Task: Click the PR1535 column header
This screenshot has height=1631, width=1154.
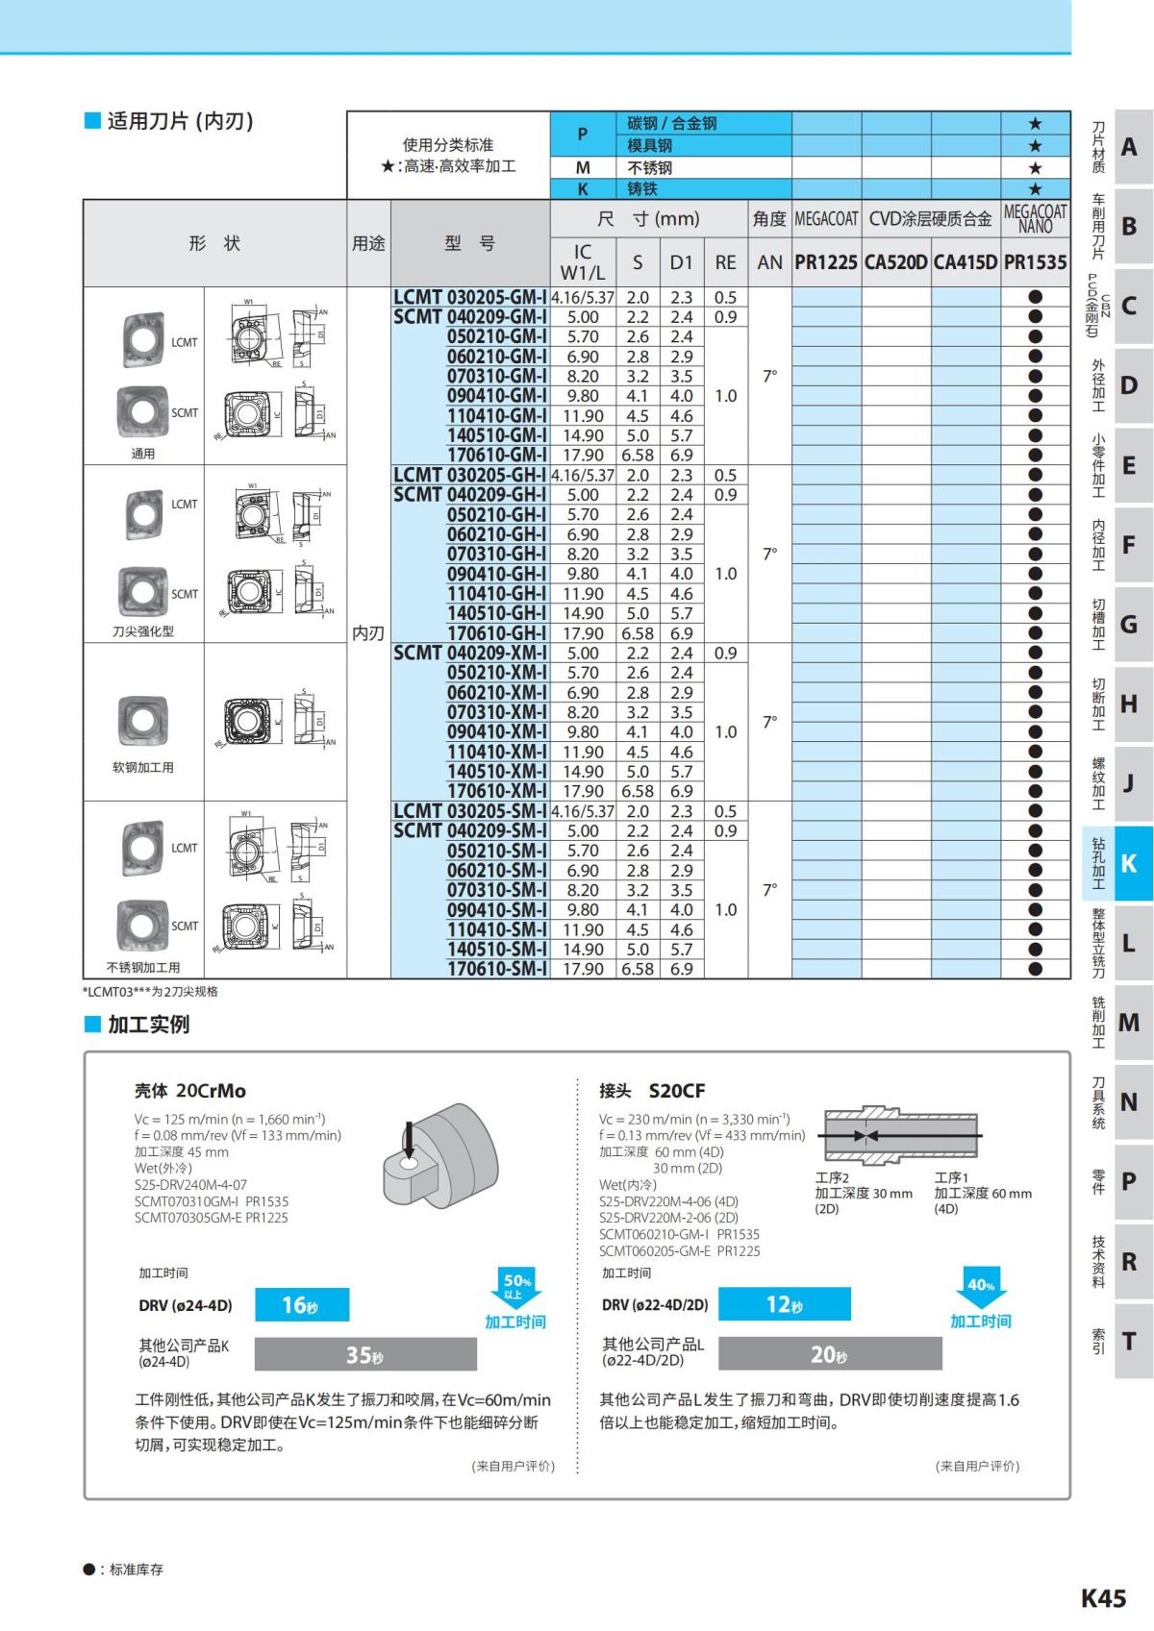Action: [1035, 262]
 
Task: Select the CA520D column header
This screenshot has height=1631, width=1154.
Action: [895, 262]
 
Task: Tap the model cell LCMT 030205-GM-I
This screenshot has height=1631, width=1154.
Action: [470, 297]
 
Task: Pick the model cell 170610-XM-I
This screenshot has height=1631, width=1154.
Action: [497, 791]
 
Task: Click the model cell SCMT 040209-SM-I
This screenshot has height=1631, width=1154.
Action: [470, 830]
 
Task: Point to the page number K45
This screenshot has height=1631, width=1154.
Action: [1103, 1598]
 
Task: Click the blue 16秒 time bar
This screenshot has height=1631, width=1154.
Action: [302, 1304]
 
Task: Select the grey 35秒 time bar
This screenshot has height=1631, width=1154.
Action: [365, 1354]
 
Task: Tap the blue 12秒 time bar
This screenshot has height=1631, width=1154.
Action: [784, 1304]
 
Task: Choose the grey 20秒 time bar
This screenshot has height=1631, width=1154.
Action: [830, 1354]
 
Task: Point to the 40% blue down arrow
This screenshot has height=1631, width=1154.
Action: [981, 1286]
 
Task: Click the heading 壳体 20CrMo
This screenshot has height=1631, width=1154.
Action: [190, 1091]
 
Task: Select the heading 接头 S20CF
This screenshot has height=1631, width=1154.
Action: [652, 1091]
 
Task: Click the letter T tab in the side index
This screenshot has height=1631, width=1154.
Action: [1129, 1341]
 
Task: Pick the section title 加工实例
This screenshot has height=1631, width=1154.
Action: [148, 1025]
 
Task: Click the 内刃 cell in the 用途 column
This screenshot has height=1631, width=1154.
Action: [368, 632]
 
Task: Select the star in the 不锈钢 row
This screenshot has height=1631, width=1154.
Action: [1035, 167]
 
